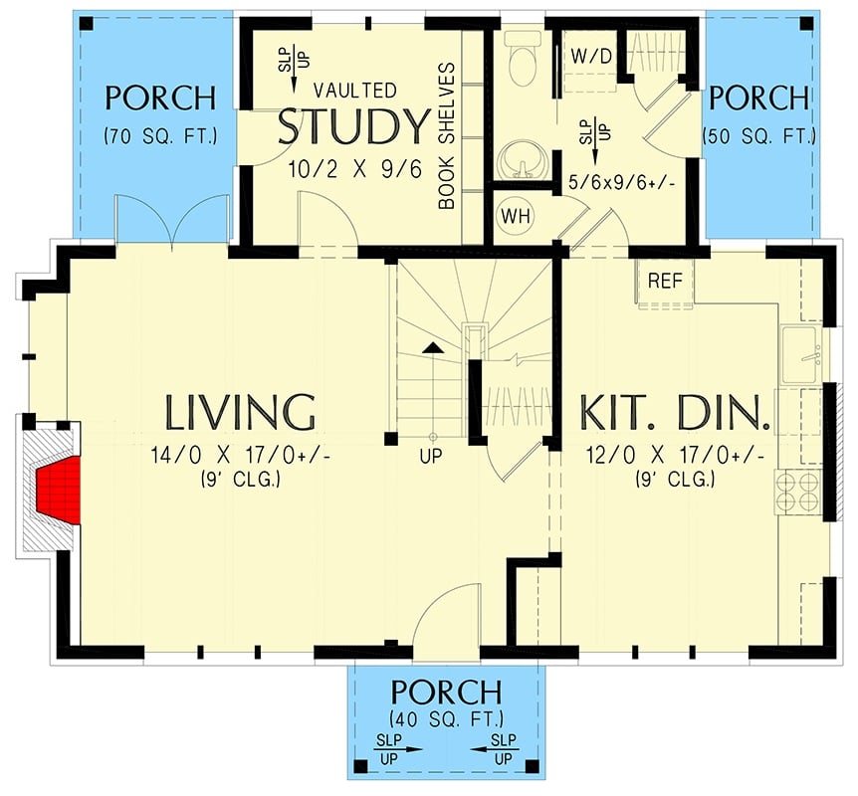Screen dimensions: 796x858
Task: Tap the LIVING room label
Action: click(240, 411)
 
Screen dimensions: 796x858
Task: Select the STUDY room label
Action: click(351, 127)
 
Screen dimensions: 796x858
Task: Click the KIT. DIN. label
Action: click(675, 411)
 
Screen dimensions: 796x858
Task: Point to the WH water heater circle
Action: click(515, 215)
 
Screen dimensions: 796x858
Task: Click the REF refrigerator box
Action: click(665, 281)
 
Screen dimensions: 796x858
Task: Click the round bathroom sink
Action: click(519, 157)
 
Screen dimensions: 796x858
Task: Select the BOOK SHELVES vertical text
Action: click(447, 137)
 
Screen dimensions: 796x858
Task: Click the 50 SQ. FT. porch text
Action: click(758, 135)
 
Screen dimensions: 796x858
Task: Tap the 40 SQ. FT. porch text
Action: click(445, 718)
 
